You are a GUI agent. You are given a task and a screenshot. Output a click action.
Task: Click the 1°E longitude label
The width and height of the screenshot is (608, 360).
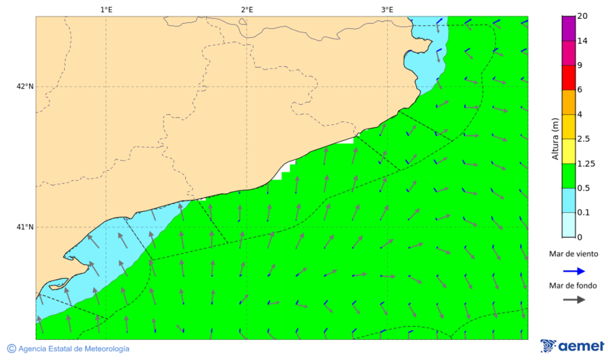[106, 9]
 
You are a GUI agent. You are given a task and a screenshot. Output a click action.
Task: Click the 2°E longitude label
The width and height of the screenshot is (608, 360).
[247, 9]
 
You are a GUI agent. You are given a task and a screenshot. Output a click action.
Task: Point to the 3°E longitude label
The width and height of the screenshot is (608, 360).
[387, 9]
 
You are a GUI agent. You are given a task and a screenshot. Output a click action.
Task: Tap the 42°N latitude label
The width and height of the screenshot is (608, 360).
[25, 86]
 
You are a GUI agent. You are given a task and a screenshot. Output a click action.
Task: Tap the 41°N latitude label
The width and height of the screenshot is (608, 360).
[25, 227]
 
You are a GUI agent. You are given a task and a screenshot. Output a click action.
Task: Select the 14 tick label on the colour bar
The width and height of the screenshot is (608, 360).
[582, 41]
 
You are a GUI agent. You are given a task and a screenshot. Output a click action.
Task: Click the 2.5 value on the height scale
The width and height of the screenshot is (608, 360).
[584, 138]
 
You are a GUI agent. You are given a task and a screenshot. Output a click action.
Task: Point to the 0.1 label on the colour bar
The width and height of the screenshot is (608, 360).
[584, 213]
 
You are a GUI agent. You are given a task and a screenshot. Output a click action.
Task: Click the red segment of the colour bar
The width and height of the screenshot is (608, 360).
[568, 78]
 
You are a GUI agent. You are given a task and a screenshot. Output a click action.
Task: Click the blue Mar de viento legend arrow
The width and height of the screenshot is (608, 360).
[574, 270]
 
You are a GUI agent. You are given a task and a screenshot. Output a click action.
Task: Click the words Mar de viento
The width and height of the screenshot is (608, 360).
[574, 255]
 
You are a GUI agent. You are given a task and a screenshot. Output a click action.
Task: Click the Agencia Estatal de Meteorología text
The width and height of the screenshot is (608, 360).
[74, 349]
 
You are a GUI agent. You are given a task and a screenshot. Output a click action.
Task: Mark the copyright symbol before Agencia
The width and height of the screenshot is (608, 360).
[11, 349]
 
